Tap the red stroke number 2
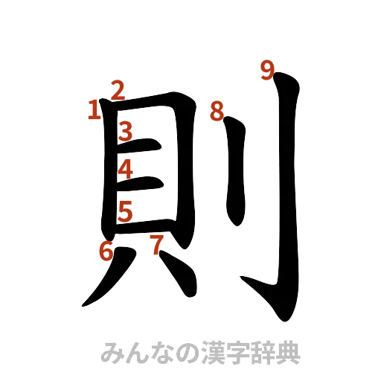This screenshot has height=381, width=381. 117,90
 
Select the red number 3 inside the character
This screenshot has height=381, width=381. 126,132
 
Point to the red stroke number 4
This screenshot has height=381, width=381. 126,170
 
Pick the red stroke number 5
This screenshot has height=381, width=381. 126,211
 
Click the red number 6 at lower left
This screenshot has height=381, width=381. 106,252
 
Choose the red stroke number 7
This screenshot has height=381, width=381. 156,243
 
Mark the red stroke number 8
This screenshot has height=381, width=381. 217,112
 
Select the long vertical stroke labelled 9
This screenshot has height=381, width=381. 287,186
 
